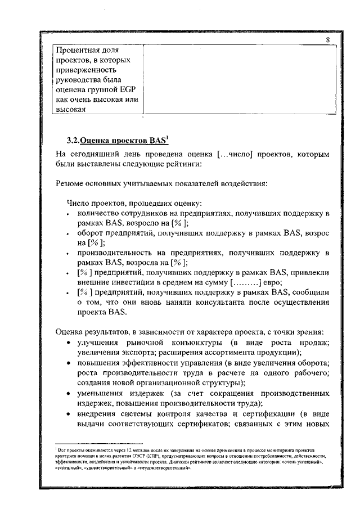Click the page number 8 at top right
coord(327,40)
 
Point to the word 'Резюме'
coord(72,183)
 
